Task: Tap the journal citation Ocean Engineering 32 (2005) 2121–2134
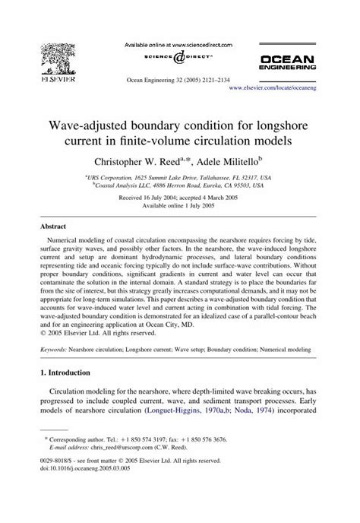click(180, 78)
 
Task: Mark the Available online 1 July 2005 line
click(179, 206)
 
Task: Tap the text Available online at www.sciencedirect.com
click(179, 45)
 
